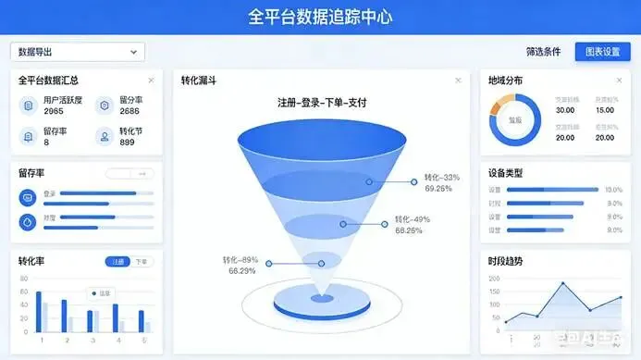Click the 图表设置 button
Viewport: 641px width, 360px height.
602,52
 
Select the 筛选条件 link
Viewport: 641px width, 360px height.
542,52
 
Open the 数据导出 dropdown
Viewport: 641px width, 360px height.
78,52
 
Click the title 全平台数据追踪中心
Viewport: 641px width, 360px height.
320,17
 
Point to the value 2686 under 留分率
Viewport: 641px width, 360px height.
130,111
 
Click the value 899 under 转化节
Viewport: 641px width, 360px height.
128,143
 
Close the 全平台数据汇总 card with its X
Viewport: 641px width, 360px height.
151,81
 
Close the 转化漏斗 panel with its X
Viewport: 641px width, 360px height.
457,81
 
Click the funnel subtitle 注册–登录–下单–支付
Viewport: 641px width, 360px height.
322,103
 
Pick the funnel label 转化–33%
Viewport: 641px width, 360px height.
442,177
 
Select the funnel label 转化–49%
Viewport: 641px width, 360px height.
412,219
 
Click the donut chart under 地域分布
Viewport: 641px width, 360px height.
515,120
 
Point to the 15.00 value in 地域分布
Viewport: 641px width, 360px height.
605,110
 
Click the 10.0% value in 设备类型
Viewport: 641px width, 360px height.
613,190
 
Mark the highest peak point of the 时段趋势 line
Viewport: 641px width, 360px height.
561,283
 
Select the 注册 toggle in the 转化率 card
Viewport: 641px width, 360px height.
118,262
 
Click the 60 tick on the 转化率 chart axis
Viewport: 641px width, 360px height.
24,292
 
